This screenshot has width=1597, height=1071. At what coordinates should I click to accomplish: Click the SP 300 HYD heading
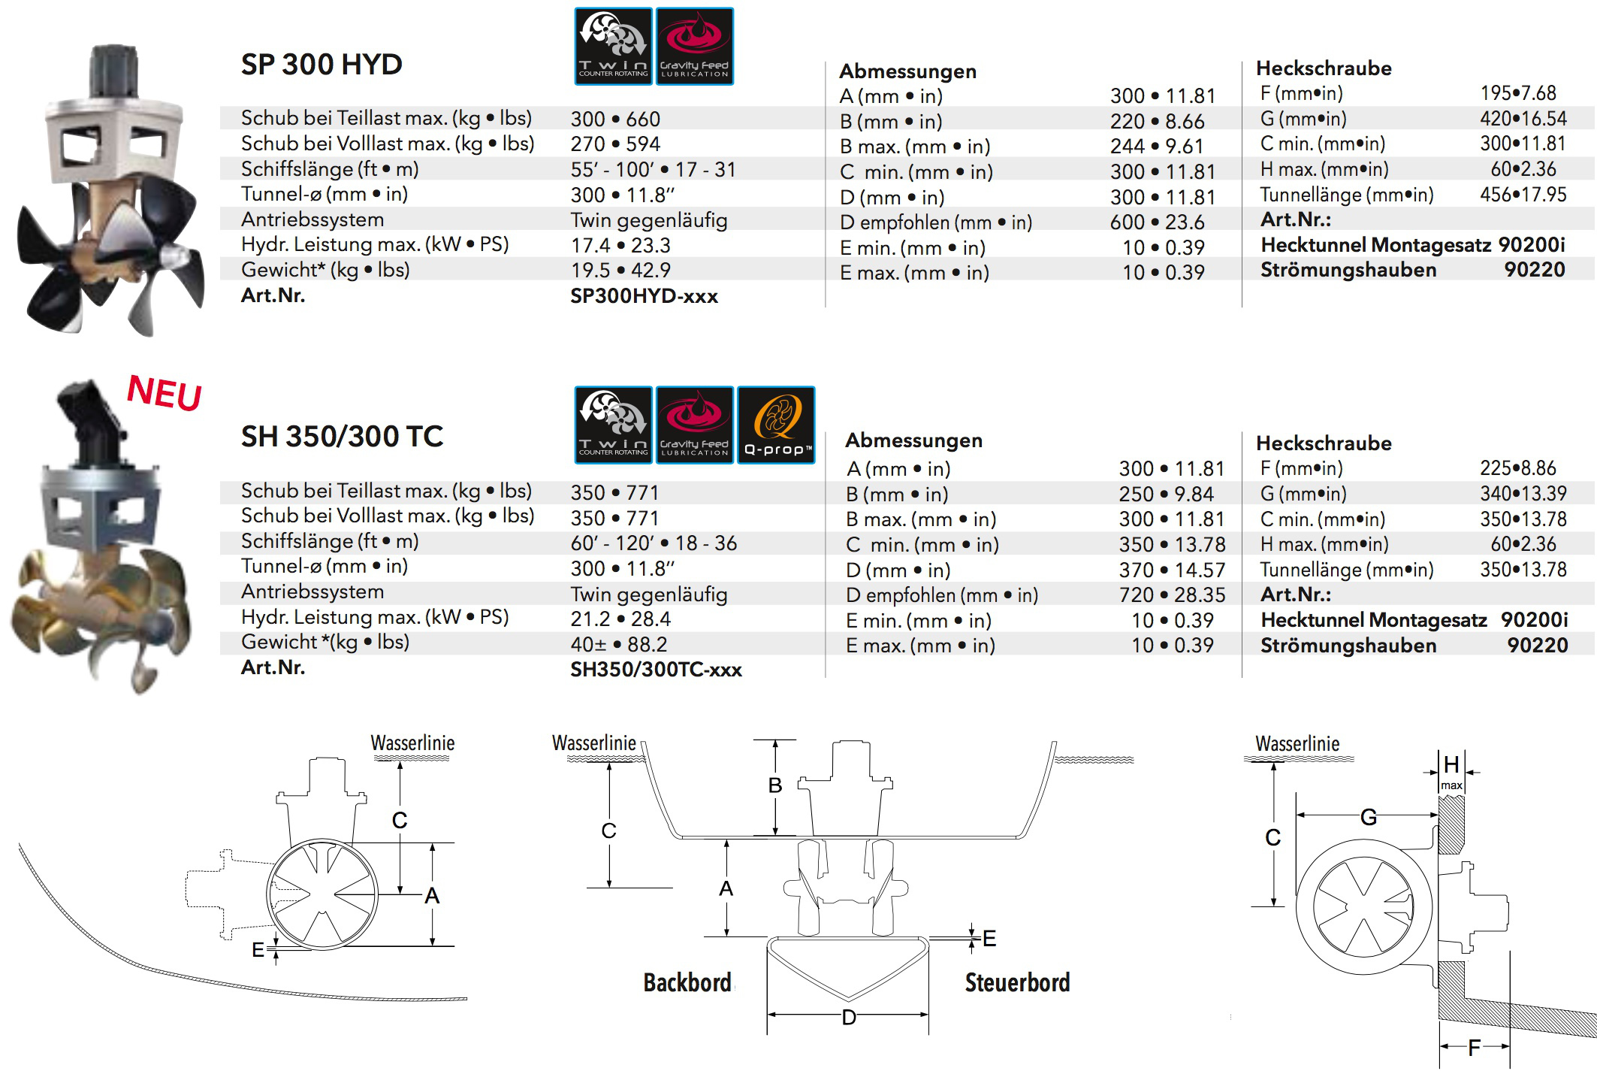[322, 65]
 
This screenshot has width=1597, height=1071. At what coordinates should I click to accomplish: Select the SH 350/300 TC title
[342, 437]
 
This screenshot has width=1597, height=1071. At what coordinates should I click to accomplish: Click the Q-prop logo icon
[777, 425]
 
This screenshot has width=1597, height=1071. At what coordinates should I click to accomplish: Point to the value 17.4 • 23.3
[620, 246]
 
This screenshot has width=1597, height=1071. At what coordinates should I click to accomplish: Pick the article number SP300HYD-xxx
[644, 296]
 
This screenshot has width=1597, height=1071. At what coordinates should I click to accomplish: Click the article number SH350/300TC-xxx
[656, 670]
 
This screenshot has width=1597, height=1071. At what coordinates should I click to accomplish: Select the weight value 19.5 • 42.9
[620, 271]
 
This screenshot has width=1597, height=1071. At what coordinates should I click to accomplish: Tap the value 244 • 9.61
[1157, 147]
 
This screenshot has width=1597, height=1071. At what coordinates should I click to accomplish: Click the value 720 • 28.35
[1172, 595]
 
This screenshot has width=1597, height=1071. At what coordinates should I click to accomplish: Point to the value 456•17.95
[1523, 195]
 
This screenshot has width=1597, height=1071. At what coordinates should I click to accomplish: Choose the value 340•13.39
[1523, 494]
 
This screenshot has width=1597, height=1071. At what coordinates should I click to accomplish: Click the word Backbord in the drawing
[687, 983]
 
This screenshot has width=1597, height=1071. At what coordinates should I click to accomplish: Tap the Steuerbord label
[1017, 983]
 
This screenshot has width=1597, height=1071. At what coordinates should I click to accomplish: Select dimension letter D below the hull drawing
[849, 1018]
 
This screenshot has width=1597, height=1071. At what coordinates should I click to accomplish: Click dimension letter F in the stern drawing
[1474, 1047]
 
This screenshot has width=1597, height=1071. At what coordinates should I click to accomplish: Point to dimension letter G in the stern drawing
[1369, 817]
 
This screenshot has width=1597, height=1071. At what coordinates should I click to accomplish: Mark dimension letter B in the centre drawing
[775, 785]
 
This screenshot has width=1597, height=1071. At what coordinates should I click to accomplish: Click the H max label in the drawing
[1451, 772]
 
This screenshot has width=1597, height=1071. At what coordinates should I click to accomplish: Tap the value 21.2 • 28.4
[620, 619]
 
